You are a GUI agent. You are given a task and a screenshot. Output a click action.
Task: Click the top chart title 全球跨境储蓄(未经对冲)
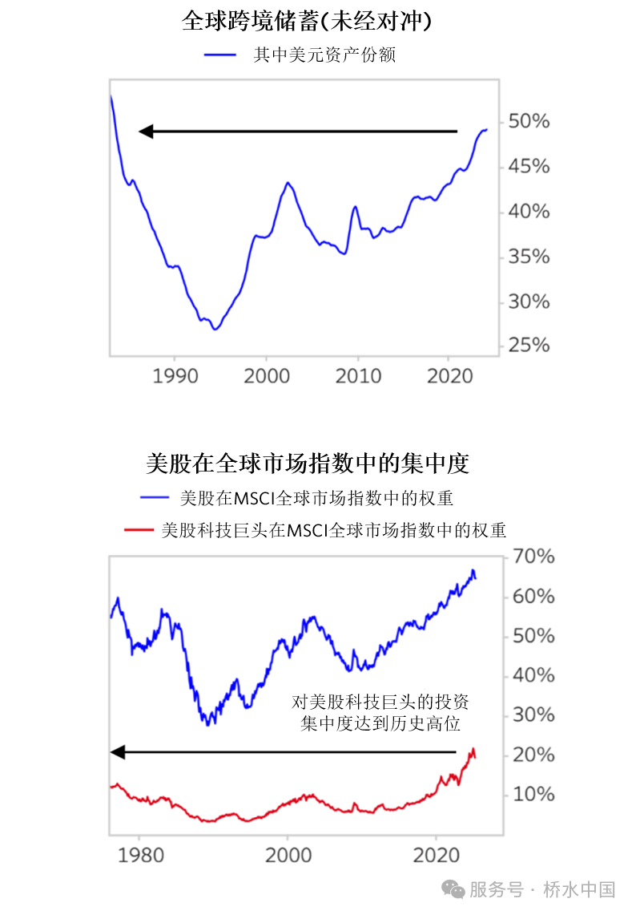tap(307, 21)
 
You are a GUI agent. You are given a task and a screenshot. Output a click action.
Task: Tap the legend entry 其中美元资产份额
tap(324, 55)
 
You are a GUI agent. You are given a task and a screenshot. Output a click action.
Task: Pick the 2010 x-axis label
tap(358, 375)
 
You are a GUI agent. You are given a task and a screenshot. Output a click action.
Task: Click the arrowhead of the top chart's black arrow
tap(145, 132)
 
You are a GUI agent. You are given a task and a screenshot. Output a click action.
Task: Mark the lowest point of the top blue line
tap(215, 329)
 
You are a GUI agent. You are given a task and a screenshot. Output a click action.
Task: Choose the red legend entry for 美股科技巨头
tap(333, 530)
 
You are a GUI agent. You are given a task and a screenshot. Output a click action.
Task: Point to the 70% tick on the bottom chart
tap(533, 557)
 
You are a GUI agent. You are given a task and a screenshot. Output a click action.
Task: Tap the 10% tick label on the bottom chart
tap(533, 794)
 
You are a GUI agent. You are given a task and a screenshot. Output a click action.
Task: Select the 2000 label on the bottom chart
tap(288, 854)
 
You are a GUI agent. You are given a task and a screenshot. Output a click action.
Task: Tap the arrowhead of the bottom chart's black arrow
tap(117, 752)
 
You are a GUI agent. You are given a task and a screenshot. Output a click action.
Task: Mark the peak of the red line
tap(473, 749)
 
